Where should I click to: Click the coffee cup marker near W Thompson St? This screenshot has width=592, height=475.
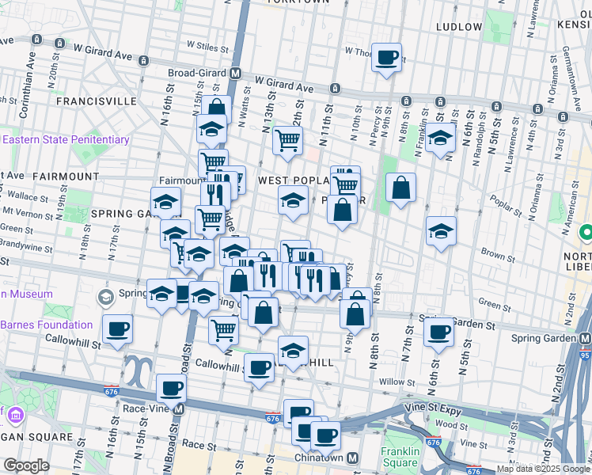(386, 58)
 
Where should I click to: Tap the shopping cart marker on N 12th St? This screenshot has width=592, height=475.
(287, 141)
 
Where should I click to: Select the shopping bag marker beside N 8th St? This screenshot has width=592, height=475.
(401, 188)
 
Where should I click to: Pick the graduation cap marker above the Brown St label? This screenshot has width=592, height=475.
(441, 231)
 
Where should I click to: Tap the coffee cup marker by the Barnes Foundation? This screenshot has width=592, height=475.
(117, 329)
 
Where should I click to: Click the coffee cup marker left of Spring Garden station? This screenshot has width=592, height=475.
(438, 332)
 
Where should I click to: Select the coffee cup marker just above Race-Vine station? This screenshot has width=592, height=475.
(171, 389)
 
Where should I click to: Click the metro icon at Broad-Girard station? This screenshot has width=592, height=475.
(235, 74)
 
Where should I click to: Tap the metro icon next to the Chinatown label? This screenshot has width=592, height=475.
(352, 458)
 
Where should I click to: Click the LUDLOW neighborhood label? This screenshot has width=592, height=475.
(459, 27)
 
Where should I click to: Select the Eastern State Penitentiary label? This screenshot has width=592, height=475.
(66, 140)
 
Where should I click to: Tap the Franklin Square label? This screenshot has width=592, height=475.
(399, 457)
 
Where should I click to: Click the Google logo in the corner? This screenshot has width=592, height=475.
(26, 465)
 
